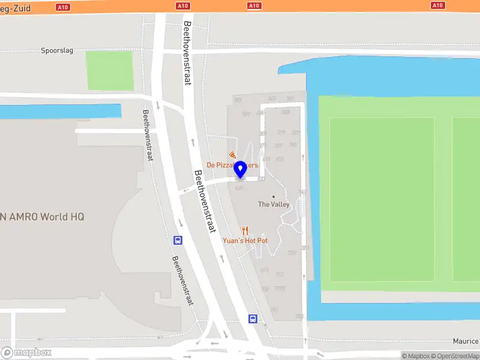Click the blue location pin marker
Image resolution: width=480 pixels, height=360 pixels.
click(x=240, y=169)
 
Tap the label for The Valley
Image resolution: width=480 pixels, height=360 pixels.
click(x=274, y=205)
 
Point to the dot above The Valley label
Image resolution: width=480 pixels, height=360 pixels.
click(x=274, y=197)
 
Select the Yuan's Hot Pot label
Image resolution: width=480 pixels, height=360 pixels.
click(x=245, y=241)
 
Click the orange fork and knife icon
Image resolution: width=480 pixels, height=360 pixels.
click(x=245, y=230)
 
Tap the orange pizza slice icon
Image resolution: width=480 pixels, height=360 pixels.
click(x=232, y=155)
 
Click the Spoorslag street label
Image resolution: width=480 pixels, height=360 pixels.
click(x=57, y=50)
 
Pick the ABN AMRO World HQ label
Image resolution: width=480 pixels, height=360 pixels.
click(x=42, y=217)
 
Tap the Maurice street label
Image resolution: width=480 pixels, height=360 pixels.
click(x=466, y=341)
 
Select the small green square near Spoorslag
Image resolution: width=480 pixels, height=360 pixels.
click(x=109, y=71)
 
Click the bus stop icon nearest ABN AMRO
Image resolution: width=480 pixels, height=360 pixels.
click(x=178, y=240)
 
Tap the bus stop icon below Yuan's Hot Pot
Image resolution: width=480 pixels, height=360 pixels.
click(x=253, y=319)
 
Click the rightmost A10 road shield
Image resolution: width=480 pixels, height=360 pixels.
click(x=437, y=5)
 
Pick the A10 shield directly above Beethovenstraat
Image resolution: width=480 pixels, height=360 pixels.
click(x=183, y=5)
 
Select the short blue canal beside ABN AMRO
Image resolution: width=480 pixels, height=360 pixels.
click(x=60, y=112)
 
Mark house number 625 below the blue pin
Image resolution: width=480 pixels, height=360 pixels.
click(x=239, y=188)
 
